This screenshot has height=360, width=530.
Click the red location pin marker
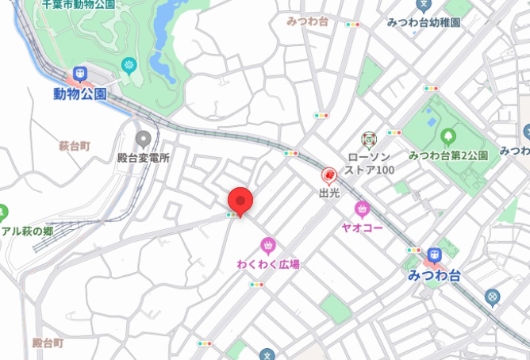click(x=240, y=201)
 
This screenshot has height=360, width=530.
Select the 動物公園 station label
click(x=79, y=94)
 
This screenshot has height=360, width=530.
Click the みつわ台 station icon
click(x=433, y=255)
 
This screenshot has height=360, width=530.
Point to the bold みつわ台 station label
click(x=433, y=274)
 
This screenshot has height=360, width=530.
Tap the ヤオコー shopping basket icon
click(x=363, y=209)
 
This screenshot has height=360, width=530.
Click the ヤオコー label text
click(x=363, y=228)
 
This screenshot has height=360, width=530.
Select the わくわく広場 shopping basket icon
click(x=268, y=245)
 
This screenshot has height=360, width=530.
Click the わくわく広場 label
click(x=268, y=263)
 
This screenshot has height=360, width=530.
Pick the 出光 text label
click(x=329, y=192)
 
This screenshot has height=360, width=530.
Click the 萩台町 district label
click(x=75, y=146)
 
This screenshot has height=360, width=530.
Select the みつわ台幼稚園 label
click(x=424, y=22)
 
